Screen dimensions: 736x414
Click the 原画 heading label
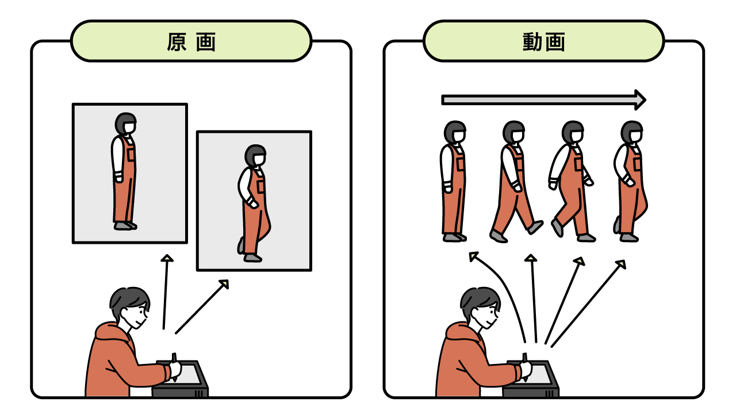click(x=191, y=42)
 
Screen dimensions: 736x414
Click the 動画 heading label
click(x=544, y=42)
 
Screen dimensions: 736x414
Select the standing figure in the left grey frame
click(x=125, y=171)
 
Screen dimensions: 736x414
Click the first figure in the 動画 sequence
click(x=454, y=181)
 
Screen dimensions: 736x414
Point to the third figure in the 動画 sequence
click(x=572, y=181)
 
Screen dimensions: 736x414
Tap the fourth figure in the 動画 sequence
click(x=630, y=181)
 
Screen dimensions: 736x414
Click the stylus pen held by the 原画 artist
click(x=174, y=366)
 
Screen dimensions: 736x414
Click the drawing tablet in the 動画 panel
click(x=531, y=379)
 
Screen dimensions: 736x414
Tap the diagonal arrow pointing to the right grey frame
click(x=202, y=307)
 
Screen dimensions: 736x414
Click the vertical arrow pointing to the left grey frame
click(x=166, y=292)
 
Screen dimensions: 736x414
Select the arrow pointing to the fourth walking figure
click(x=588, y=303)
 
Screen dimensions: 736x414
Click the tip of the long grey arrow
click(x=646, y=100)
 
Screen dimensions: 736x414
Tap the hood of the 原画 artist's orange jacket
click(x=110, y=332)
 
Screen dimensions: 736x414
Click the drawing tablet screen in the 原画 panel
click(x=189, y=373)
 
